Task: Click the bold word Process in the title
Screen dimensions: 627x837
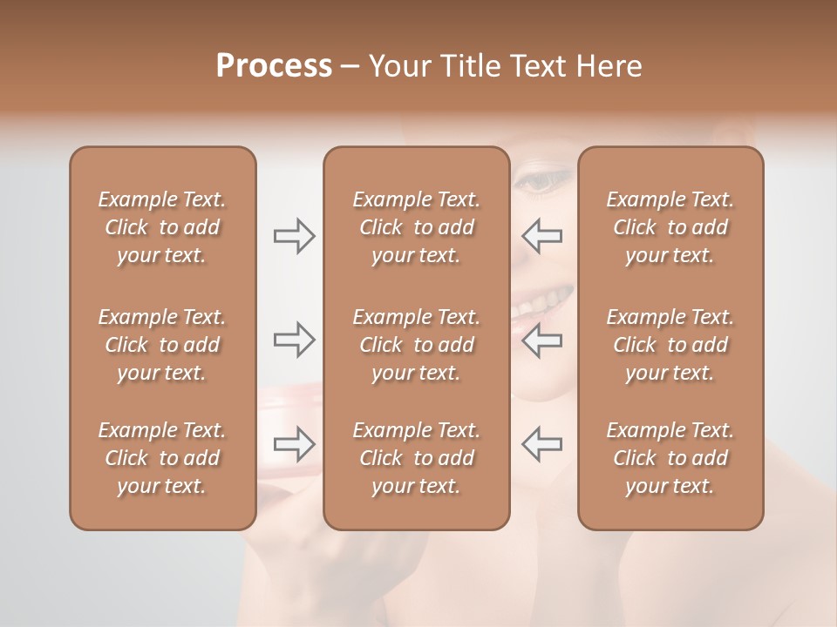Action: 274,66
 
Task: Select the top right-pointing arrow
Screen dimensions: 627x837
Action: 294,236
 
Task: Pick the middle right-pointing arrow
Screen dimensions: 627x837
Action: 294,340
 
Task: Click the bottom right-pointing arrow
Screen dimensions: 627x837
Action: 294,444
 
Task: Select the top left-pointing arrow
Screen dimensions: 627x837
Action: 542,236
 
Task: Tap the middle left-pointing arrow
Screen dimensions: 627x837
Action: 542,340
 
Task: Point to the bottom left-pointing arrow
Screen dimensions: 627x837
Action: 542,444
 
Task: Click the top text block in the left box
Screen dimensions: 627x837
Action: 162,227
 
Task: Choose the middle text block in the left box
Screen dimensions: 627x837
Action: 162,345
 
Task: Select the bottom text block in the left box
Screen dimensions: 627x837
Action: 162,458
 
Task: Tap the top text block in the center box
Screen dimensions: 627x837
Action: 417,227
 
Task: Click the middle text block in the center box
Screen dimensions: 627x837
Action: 417,345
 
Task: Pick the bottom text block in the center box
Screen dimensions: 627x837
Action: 417,458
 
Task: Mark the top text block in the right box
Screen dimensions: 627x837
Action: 670,227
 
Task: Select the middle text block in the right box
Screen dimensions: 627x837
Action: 670,345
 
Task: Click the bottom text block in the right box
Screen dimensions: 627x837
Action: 670,458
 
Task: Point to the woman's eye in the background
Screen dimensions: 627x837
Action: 537,182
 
